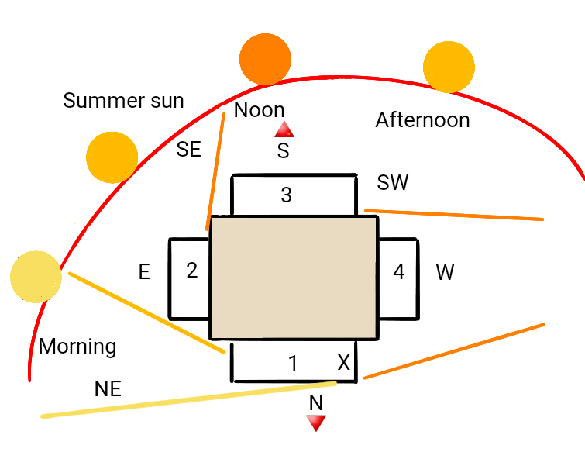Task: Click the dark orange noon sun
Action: tap(265, 59)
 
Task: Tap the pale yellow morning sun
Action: tap(36, 276)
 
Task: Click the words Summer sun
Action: tap(123, 101)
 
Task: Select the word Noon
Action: tap(260, 110)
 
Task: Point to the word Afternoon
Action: tap(422, 120)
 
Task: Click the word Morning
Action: tap(77, 347)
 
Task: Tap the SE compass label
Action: tap(189, 149)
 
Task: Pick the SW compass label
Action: tap(393, 182)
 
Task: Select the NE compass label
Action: tap(108, 388)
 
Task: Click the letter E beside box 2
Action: tap(144, 271)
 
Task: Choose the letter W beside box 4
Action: tap(445, 272)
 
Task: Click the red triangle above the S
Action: tap(284, 129)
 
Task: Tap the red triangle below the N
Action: tap(316, 423)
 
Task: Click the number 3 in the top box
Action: tap(286, 195)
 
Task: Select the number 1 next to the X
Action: tap(293, 363)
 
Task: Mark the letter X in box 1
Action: tap(343, 362)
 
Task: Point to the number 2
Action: tap(191, 270)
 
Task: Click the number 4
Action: tap(399, 271)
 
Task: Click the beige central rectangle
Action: tap(294, 278)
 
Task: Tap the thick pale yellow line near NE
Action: tap(189, 399)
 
